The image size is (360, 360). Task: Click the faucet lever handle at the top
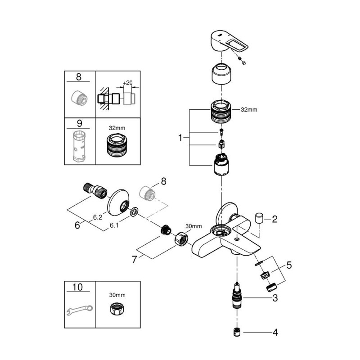pos(229,41)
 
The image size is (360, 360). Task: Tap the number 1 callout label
pos(180,138)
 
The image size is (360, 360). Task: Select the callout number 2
pos(274,219)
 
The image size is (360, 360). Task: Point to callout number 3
pos(275,298)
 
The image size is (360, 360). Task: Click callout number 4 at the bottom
pos(289,265)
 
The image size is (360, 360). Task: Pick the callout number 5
pos(77,225)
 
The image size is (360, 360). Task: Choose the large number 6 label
pos(135,260)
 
